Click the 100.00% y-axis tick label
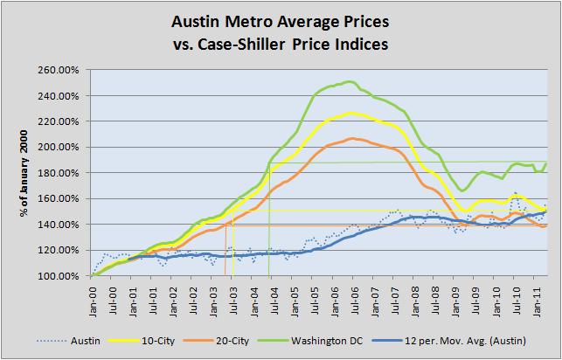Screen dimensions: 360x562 [x=59, y=276]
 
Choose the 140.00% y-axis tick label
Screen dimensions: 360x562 [x=59, y=225]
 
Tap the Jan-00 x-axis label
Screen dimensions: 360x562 [x=93, y=295]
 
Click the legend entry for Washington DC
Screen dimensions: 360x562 [x=323, y=343]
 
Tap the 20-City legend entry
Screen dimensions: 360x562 [x=230, y=343]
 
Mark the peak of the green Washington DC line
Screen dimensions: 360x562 [x=350, y=82]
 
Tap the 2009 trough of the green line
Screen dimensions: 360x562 [x=461, y=190]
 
